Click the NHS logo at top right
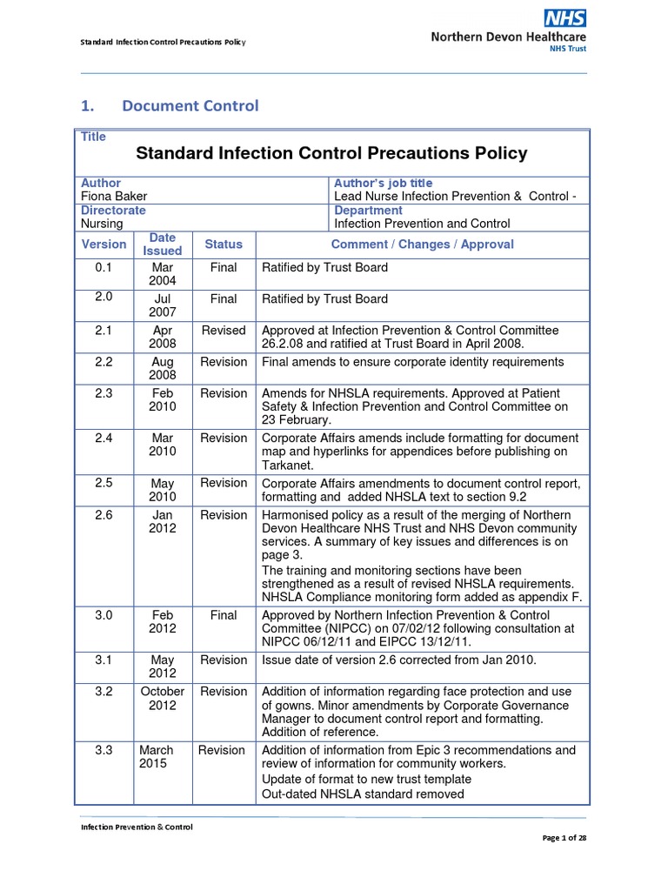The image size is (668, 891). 564,17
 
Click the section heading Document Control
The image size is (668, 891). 190,106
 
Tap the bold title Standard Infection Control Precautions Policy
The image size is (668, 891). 331,154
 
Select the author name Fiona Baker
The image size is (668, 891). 113,197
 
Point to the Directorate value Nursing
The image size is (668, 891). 102,224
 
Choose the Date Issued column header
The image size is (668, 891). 163,245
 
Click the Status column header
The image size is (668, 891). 224,245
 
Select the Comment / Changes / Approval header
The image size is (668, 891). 422,245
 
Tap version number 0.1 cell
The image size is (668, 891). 104,268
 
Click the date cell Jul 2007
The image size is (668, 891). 163,305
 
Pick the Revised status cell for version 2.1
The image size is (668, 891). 224,331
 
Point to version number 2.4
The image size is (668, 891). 104,438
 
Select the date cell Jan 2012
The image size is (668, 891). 163,521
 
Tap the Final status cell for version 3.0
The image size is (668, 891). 224,615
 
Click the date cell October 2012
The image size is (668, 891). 163,698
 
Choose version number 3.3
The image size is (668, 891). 104,750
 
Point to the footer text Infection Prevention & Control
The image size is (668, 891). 137,827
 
